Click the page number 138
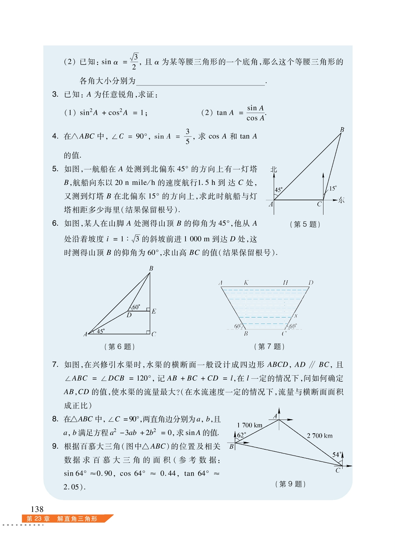[37, 509]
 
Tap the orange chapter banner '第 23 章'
[38, 519]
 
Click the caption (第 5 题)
[305, 224]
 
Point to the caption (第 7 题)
[269, 346]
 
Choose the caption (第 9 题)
[290, 484]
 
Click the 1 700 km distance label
[249, 425]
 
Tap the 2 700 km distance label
[320, 436]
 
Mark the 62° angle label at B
[242, 435]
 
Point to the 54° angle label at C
[336, 455]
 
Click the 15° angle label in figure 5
[333, 188]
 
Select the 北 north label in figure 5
[273, 169]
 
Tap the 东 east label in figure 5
[341, 200]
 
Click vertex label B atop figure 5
[342, 130]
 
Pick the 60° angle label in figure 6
[136, 307]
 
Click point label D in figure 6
[129, 315]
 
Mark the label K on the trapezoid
[246, 283]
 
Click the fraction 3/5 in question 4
[187, 136]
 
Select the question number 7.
[55, 364]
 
